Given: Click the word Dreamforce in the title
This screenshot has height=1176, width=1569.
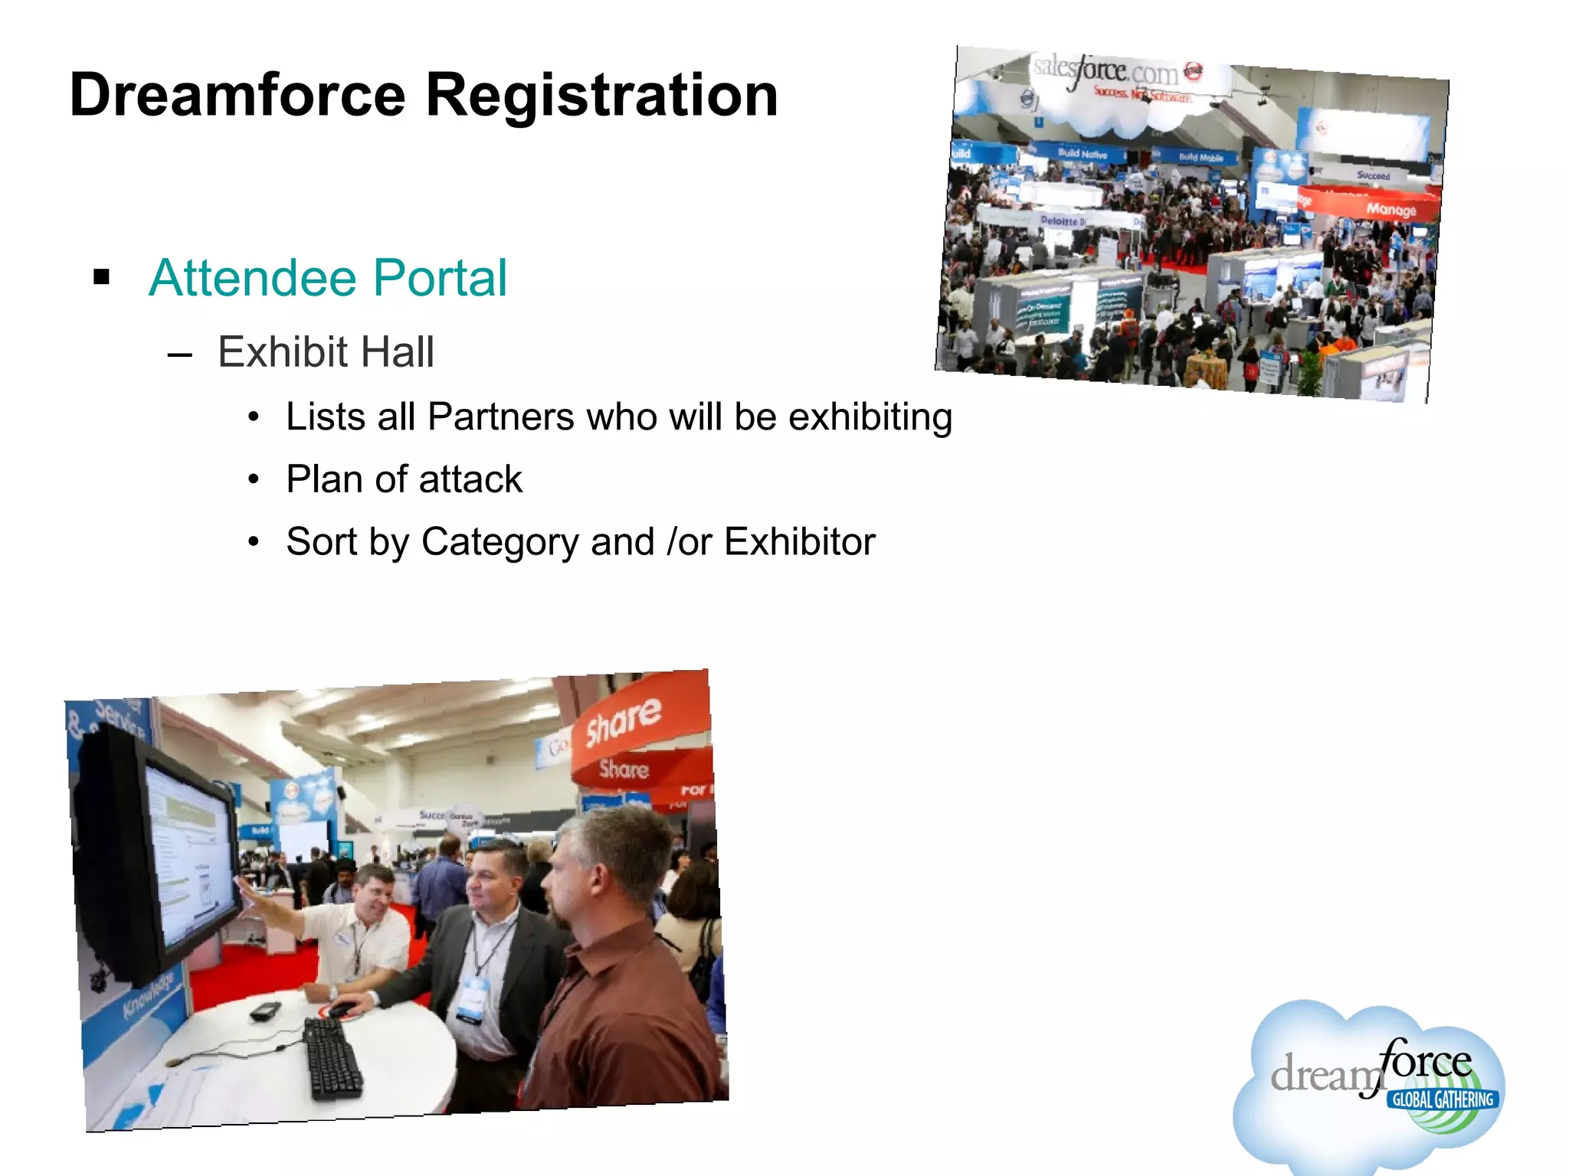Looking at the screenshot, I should [x=237, y=96].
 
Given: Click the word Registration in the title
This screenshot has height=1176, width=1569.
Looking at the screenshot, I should [x=601, y=96].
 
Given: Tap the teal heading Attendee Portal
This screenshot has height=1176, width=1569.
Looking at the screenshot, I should [x=328, y=277].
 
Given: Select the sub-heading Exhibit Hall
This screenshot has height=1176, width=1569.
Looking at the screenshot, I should [x=326, y=352].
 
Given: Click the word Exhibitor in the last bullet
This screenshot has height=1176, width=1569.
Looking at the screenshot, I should [x=799, y=542].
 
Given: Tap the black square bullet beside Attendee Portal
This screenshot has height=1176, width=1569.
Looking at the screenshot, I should [x=101, y=277].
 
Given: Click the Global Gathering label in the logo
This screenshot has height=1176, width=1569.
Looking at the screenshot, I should [x=1443, y=1100].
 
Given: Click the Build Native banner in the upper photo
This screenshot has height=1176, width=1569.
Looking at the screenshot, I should [x=1082, y=154].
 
